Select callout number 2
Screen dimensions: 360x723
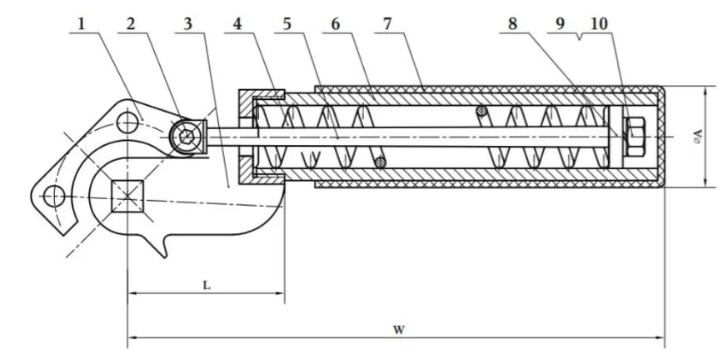132,23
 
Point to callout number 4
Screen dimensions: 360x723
238,23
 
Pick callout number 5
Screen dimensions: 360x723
288,23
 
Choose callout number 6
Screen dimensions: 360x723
336,23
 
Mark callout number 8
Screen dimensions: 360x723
513,23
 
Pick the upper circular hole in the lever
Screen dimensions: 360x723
127,122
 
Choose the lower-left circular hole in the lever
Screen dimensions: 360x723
53,197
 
